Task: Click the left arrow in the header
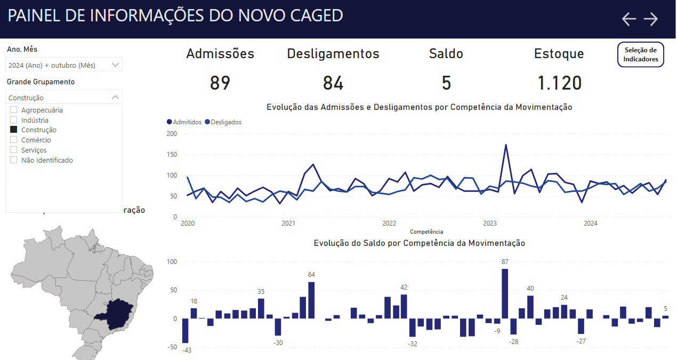point(629,19)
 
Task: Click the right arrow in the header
point(651,19)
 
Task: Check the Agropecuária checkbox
point(14,110)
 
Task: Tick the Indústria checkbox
point(14,120)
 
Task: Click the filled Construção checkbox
point(14,130)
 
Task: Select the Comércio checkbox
point(14,140)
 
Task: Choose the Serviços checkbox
point(14,150)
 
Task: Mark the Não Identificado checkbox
point(14,160)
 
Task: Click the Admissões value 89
point(220,83)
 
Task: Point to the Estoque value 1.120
point(559,83)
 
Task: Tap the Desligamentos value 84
point(333,83)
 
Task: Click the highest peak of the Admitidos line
point(505,145)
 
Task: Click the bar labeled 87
point(505,293)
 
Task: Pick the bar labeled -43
point(186,331)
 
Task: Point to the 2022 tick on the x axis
point(389,223)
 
